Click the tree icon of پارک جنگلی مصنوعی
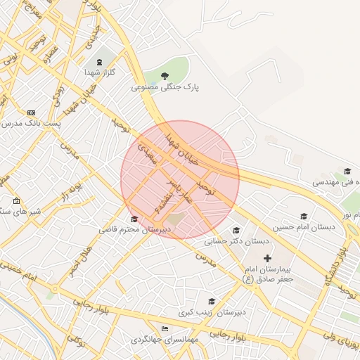pos(165,75)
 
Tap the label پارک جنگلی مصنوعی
pos(165,88)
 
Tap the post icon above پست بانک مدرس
pos(31,112)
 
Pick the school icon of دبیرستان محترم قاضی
pos(134,219)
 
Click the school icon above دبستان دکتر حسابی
pos(236,230)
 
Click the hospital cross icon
pos(267,259)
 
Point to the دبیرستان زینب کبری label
pos(211,311)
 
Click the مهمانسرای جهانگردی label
pos(165,340)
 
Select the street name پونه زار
pos(71,191)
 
